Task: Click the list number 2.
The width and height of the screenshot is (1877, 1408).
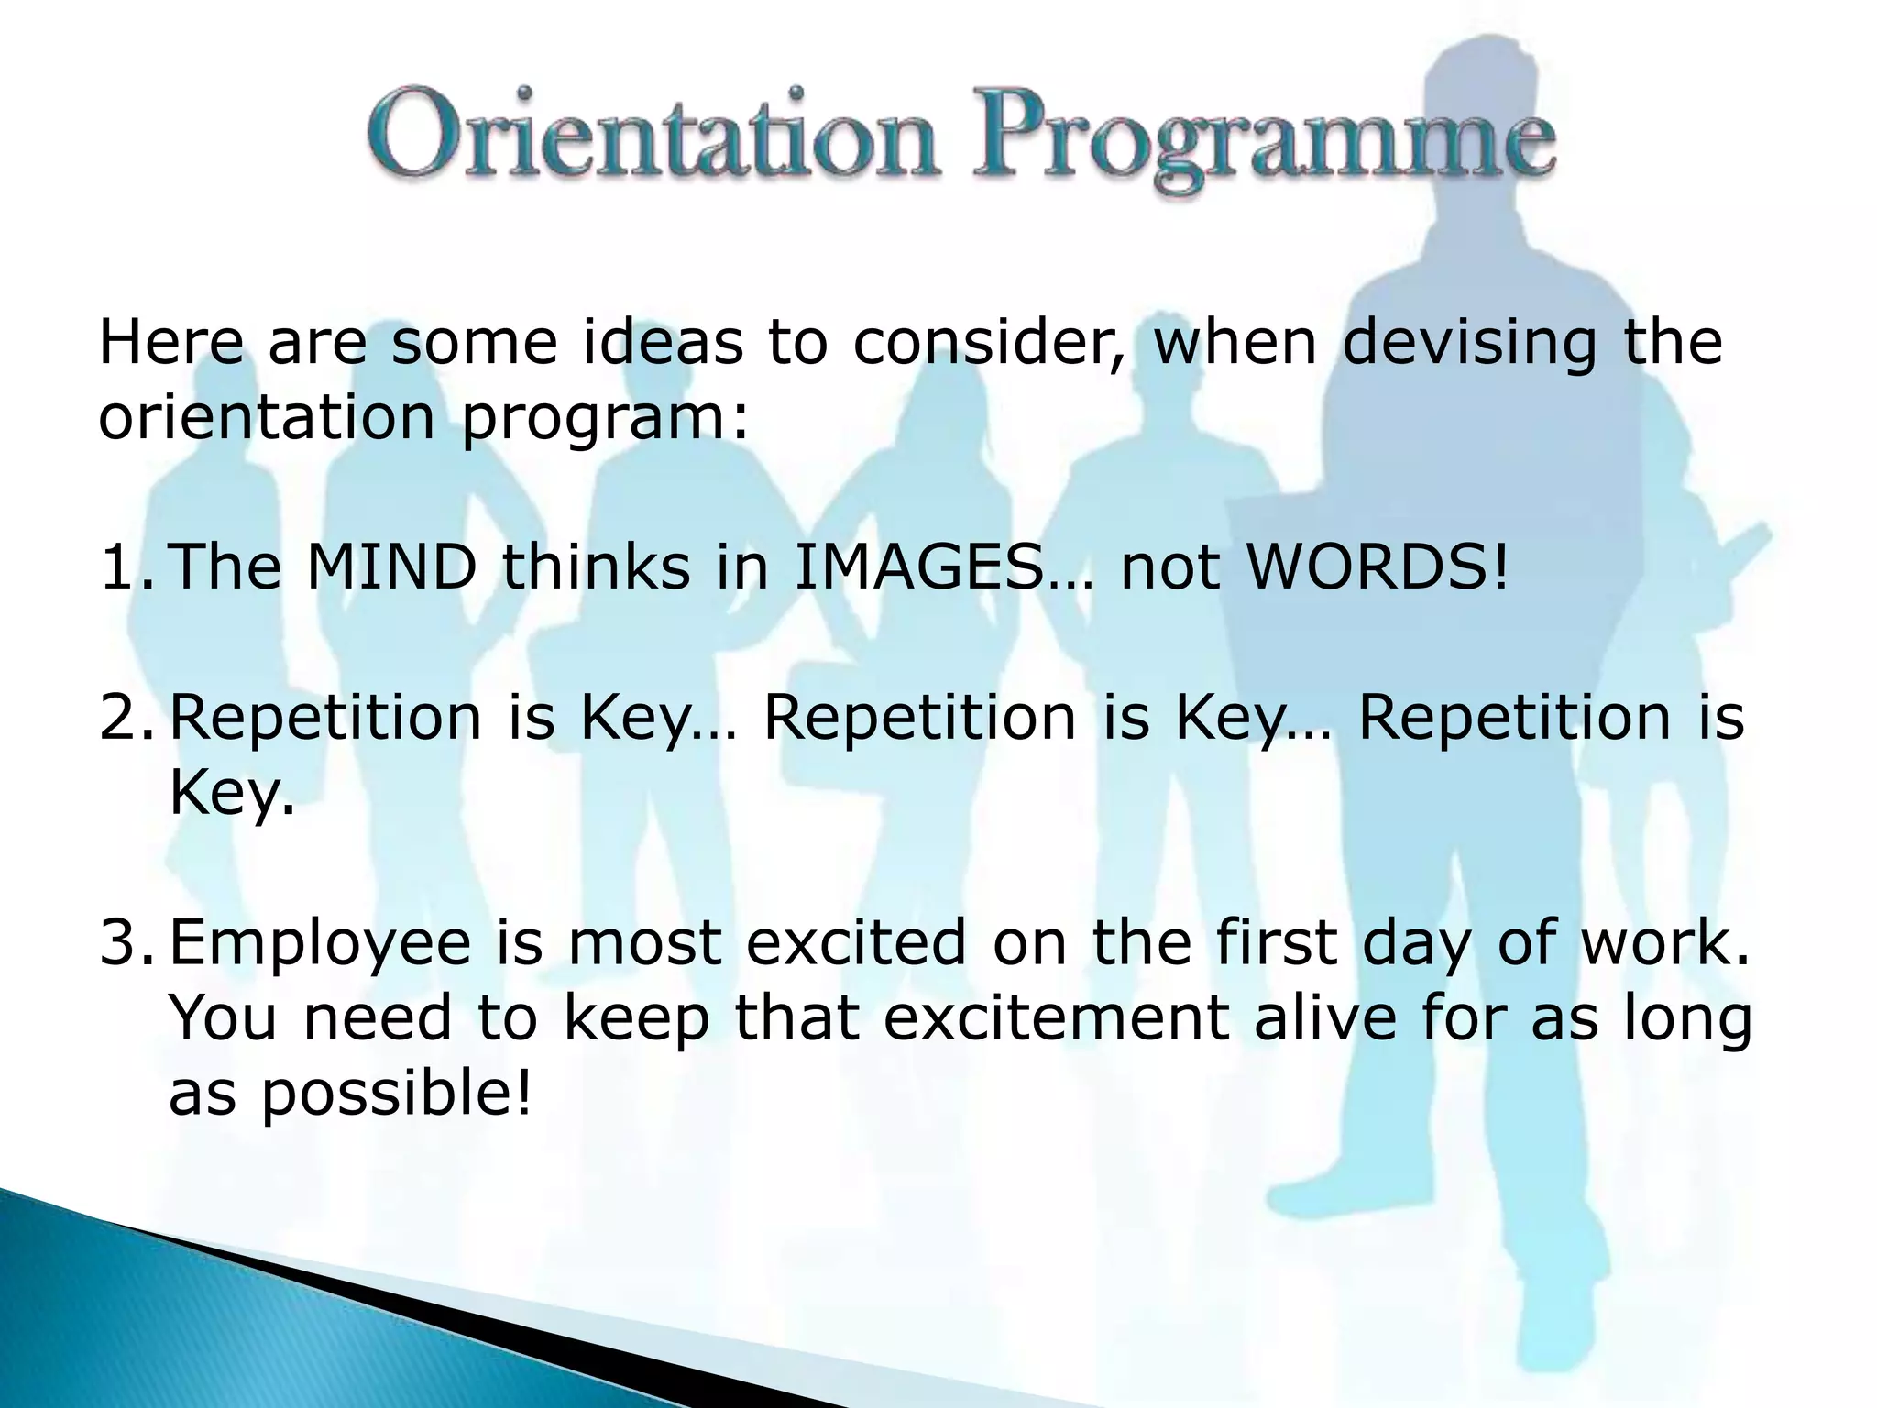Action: tap(128, 717)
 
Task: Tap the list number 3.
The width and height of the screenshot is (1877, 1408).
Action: tap(128, 942)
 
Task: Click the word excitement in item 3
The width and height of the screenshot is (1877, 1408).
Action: tap(1055, 1018)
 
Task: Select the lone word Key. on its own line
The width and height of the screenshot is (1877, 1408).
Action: tap(232, 794)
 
